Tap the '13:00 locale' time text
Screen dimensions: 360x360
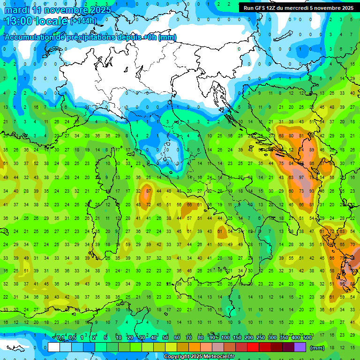pos(36,21)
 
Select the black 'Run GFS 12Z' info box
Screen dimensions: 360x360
pos(298,8)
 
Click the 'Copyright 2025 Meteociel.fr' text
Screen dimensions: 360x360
pos(199,357)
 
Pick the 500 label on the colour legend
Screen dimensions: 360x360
pos(307,338)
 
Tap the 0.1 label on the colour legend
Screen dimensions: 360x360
pos(60,338)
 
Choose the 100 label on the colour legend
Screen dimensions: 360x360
pos(225,338)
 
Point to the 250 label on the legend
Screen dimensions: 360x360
pos(261,338)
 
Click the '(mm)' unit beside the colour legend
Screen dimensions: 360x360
pos(317,348)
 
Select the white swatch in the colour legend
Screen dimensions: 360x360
pos(54,347)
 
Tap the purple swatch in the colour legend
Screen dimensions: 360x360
pos(300,347)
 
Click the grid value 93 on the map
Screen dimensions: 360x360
pos(312,191)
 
